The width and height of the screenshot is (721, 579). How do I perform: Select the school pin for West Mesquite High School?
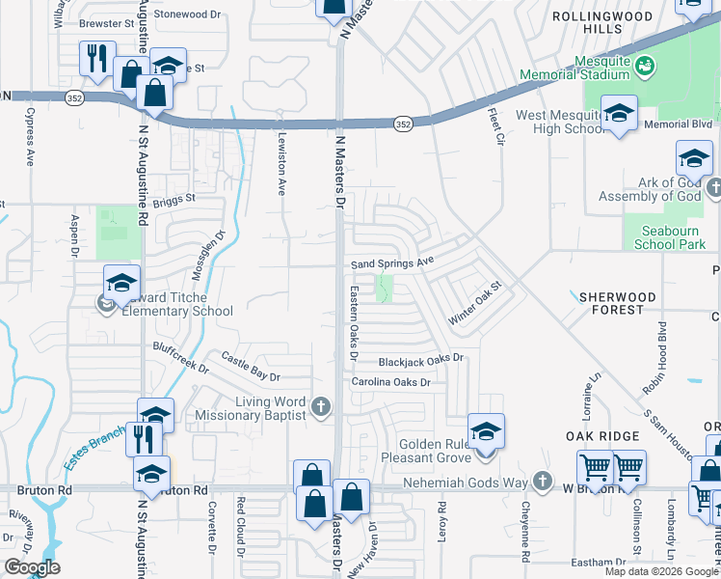(618, 113)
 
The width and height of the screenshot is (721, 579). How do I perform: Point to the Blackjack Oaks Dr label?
(421, 359)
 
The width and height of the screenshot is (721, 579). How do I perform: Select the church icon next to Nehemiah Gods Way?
(543, 480)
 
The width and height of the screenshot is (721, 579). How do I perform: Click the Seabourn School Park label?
(670, 237)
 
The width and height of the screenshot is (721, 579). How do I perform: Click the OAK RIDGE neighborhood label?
(603, 436)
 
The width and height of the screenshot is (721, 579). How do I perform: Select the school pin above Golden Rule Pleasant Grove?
(486, 431)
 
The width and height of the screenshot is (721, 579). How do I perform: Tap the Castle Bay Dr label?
(250, 367)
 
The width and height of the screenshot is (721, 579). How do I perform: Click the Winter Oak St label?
(476, 302)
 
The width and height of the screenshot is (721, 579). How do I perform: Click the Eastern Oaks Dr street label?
(354, 323)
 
